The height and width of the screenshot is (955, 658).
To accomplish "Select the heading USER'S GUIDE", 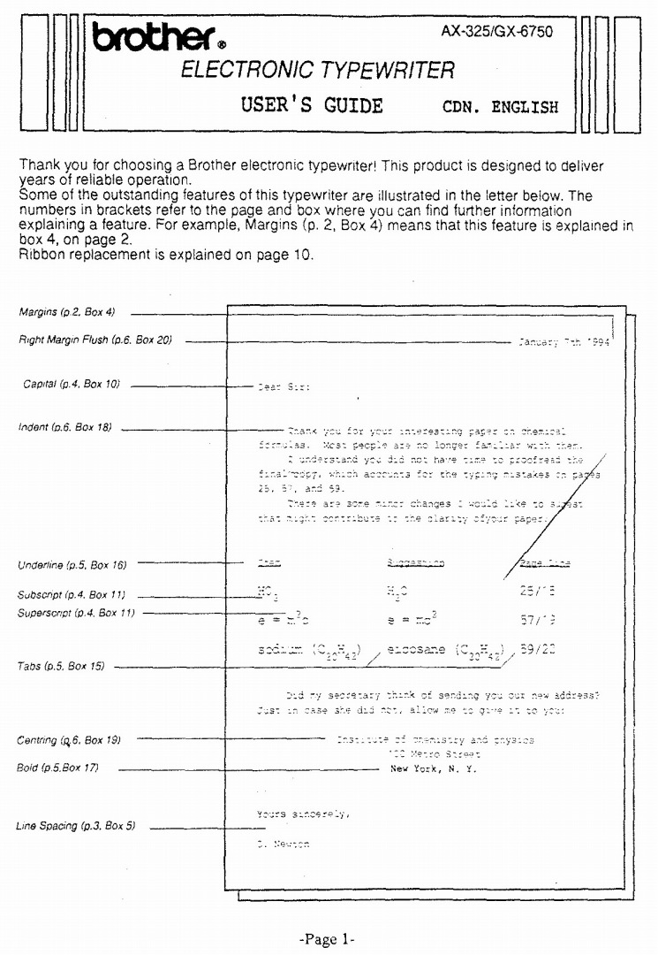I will (x=312, y=106).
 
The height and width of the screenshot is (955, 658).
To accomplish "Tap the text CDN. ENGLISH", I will (x=500, y=108).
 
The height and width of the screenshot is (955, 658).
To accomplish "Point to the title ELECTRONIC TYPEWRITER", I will (x=318, y=71).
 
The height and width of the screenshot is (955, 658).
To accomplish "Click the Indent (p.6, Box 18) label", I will (x=65, y=428).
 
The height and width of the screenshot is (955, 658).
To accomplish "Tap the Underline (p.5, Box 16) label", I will (x=72, y=564).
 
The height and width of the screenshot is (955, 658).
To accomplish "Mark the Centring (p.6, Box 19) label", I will (x=69, y=738).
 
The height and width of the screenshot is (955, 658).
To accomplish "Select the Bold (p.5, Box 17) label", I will (x=58, y=768).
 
